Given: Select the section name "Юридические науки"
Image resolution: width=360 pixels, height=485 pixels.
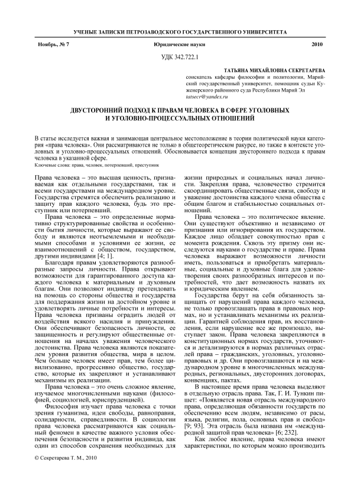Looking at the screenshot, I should pos(179,45).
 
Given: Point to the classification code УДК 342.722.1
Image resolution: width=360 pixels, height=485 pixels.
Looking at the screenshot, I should pos(180,57).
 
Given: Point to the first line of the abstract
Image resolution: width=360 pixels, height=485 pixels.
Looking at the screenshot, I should pos(180,137).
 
